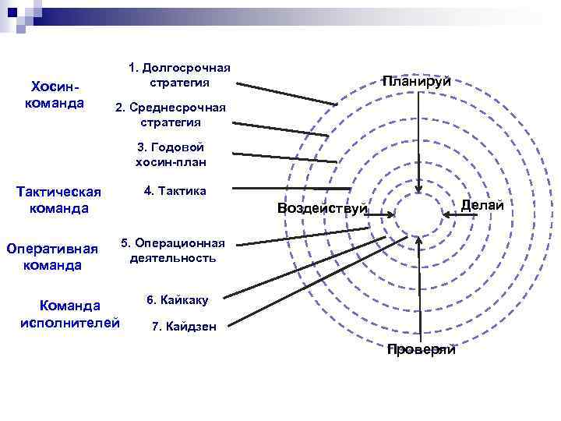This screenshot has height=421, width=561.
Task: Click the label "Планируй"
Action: [415, 81]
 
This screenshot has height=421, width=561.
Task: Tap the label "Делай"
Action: [482, 204]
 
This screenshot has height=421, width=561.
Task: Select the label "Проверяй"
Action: [421, 350]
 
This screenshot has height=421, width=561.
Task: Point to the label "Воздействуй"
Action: [322, 207]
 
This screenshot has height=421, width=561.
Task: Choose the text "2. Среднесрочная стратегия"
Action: [170, 115]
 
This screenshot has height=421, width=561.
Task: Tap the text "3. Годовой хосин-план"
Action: [171, 154]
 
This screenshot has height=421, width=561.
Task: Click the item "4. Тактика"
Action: [175, 190]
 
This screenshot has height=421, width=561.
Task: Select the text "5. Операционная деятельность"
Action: [173, 249]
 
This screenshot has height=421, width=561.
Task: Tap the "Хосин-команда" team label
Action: [55, 94]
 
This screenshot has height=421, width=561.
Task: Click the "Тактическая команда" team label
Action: [59, 200]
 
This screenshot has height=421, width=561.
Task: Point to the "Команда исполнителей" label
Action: [70, 313]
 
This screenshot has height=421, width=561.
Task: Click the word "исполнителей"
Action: [70, 322]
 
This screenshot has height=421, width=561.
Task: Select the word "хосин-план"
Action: [171, 162]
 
